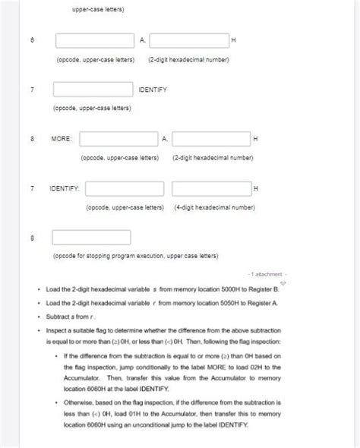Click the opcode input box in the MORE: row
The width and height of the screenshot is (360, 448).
pos(118,139)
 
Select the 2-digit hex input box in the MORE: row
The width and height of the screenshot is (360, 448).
pos(211,139)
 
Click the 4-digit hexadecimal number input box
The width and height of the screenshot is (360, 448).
pos(211,188)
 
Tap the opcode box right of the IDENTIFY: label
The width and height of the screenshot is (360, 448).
pos(125,188)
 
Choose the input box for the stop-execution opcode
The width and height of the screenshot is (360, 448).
pos(91,237)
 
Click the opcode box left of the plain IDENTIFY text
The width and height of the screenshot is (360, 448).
pos(93,90)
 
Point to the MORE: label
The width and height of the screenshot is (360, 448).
pos(62,139)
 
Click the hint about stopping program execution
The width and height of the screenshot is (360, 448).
pos(135,256)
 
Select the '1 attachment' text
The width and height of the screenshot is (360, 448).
pos(266,274)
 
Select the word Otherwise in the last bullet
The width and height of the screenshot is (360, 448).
pos(81,403)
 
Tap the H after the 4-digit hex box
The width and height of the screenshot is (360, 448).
pos(256,188)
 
